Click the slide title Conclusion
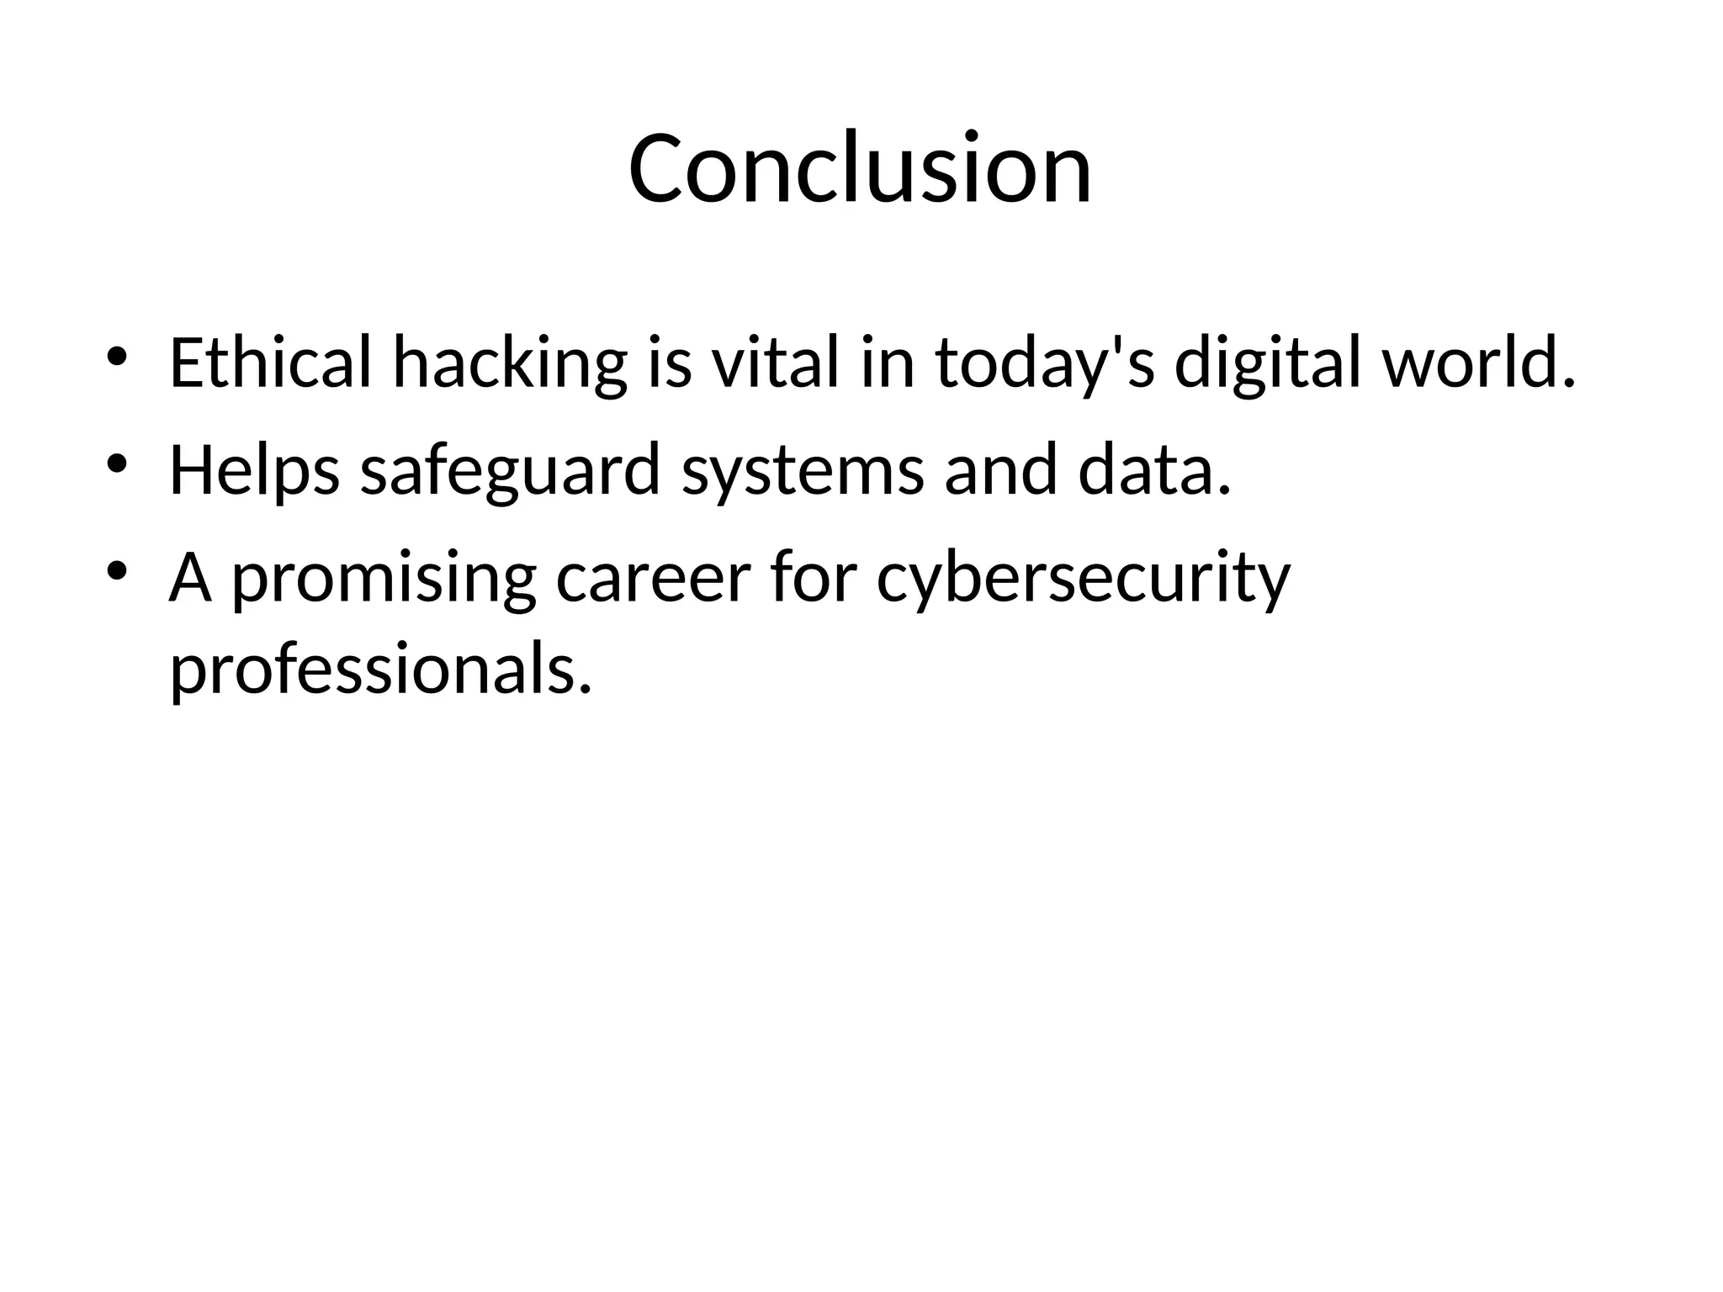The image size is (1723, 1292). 860,168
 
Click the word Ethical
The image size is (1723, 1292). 270,363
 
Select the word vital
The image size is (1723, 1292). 775,363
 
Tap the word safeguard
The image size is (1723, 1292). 510,471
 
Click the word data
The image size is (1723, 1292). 1154,471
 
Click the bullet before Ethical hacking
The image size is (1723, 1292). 117,357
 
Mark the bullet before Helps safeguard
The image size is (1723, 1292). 117,463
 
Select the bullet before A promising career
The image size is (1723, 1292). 117,571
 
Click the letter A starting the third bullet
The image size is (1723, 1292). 190,579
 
